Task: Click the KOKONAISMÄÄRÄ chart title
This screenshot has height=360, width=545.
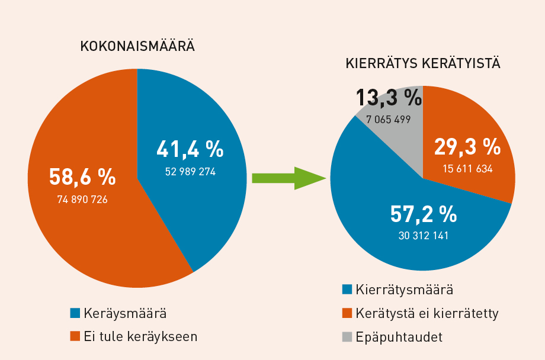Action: pyautogui.click(x=137, y=46)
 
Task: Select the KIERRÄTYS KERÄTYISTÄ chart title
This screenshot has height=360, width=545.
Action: pyautogui.click(x=423, y=63)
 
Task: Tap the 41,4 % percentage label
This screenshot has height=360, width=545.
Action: pyautogui.click(x=190, y=150)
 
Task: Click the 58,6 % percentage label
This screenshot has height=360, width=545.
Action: pyautogui.click(x=82, y=176)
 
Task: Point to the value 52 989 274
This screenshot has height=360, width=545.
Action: pyautogui.click(x=190, y=172)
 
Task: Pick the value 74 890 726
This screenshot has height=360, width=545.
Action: pyautogui.click(x=82, y=200)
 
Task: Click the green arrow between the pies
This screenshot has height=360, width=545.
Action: pyautogui.click(x=289, y=178)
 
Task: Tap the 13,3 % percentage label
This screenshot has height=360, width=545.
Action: pyautogui.click(x=389, y=98)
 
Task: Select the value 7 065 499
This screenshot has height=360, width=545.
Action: pyautogui.click(x=389, y=120)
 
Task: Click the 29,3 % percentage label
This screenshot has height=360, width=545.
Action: pyautogui.click(x=467, y=146)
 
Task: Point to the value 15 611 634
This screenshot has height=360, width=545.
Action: pyautogui.click(x=467, y=169)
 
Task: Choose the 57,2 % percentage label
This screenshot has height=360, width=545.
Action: pyautogui.click(x=423, y=214)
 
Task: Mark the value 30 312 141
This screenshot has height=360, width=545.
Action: pyautogui.click(x=424, y=236)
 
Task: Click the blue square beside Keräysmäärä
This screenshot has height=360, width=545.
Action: pyautogui.click(x=75, y=313)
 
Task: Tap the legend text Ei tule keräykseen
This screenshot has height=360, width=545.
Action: pyautogui.click(x=141, y=336)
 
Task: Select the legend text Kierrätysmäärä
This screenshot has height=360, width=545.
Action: pyautogui.click(x=405, y=290)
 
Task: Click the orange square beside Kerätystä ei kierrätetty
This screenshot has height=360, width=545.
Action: pyautogui.click(x=348, y=313)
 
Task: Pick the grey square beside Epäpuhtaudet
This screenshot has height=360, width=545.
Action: pyautogui.click(x=348, y=337)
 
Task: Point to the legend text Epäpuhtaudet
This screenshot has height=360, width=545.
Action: pyautogui.click(x=399, y=337)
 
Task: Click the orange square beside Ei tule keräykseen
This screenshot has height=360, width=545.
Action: pyautogui.click(x=75, y=336)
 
